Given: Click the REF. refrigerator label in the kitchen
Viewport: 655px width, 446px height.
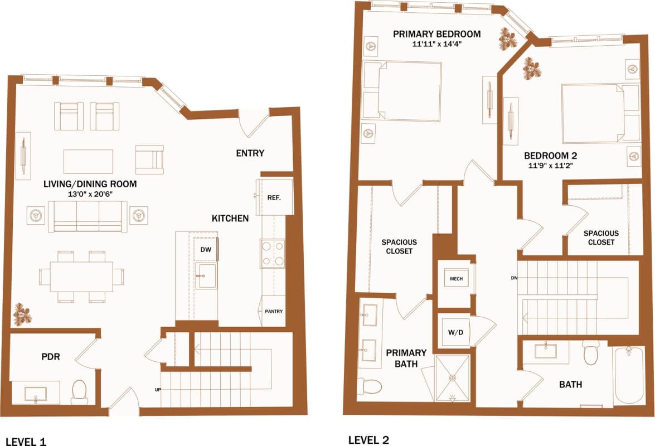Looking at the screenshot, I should coord(274,197).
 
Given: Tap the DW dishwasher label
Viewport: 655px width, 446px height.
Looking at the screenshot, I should coord(206,250).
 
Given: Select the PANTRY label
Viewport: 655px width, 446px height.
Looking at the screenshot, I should coord(274,311).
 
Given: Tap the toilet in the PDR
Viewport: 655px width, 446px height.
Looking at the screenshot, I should coord(80,392).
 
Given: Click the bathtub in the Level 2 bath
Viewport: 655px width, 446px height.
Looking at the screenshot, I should coord(629,376).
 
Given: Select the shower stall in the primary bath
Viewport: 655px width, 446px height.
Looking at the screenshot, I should coord(452,378).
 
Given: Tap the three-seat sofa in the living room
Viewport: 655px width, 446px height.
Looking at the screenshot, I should coord(88,216).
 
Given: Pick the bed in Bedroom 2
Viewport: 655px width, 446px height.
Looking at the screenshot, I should coord(593,114).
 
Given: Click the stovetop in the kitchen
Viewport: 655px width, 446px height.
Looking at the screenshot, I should coord(273,254).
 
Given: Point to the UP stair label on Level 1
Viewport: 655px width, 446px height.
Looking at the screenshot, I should coord(159,389).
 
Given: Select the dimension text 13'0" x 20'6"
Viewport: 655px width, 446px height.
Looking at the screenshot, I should coord(90,195).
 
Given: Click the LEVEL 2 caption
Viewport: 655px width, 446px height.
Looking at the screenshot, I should coord(368,440).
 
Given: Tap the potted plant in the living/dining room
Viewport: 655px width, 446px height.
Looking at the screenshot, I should coord(23,314).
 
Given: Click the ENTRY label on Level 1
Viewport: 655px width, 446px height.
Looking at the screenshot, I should coord(250,153).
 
